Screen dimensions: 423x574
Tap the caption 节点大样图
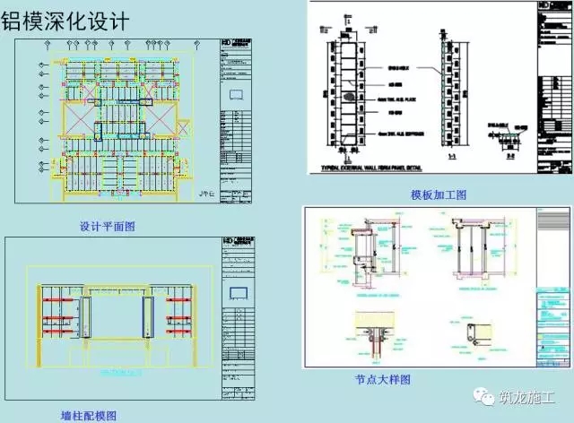click(382, 380)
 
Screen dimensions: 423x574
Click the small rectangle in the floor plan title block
click(238, 92)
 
